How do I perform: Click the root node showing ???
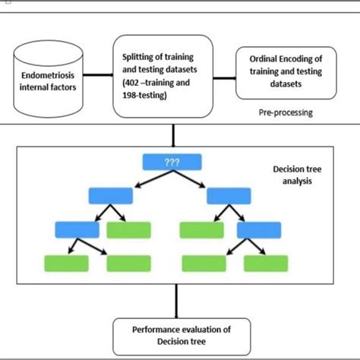[x=171, y=161]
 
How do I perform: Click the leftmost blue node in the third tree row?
[x=77, y=229]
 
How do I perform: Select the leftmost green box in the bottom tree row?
[x=65, y=263]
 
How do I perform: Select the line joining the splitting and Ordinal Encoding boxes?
[x=217, y=74]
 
